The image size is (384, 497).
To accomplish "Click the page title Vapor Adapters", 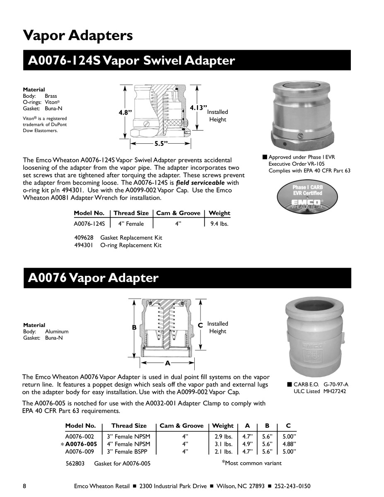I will pos(78,35).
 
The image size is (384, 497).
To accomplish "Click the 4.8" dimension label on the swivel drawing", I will pos(125,112).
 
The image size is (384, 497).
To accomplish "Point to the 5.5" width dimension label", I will pos(161,143).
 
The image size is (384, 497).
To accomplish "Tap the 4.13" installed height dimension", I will pos(198,108).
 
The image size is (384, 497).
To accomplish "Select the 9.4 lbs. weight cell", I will pos(219,224).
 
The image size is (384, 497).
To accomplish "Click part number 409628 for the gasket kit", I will pos(83,238).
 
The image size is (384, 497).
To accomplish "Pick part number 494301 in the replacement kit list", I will pos(83,245).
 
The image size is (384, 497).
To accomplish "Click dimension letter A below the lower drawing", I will pos(167,363).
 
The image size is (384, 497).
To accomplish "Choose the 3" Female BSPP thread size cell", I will pos(128,451).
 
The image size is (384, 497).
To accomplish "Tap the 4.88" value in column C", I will pos(289,444).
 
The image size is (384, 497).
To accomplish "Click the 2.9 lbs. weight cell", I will pos(223,437).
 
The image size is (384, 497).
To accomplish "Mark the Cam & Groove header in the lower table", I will pos(181,426).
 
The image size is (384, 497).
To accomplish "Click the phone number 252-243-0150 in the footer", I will pos(292,486).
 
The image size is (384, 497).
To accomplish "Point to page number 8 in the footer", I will pos(25,486).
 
